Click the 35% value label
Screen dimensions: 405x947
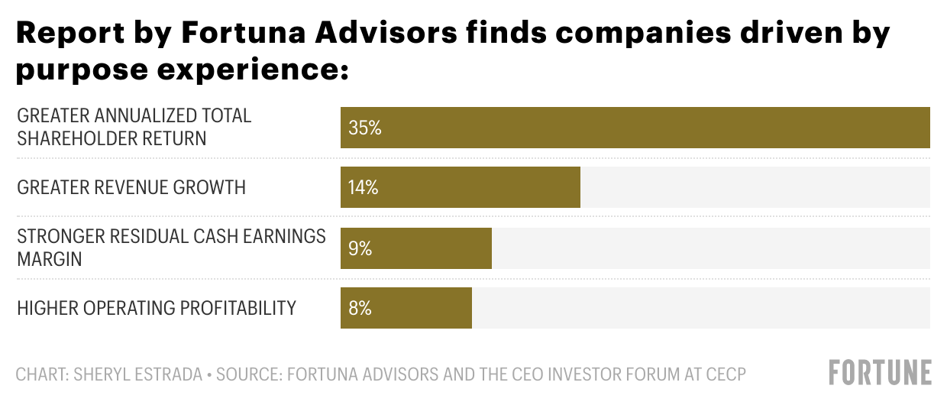(364, 128)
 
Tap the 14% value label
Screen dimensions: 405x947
(363, 187)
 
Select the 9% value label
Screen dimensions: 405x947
(359, 248)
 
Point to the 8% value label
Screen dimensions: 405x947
(359, 308)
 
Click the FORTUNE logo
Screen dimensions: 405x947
(881, 373)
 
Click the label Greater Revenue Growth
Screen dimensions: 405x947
(131, 187)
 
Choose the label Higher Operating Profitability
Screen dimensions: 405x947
(157, 308)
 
